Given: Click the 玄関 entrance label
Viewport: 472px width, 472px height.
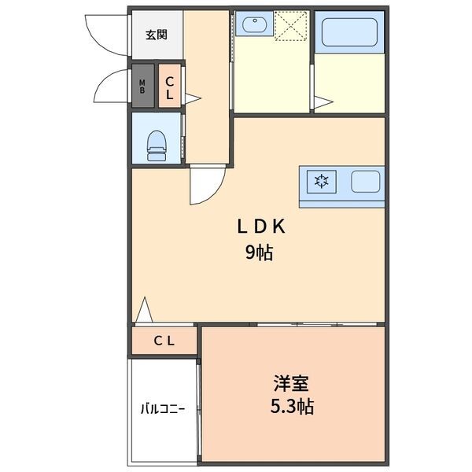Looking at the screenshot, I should [157, 35].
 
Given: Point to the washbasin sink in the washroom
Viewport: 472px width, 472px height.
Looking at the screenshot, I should [254, 26].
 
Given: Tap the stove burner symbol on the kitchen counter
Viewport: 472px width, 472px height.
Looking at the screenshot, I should [321, 183].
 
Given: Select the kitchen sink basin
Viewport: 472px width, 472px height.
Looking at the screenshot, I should [365, 183].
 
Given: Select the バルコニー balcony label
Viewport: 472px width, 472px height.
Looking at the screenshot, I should [163, 409].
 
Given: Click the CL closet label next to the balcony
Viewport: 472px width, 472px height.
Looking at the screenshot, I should [164, 341].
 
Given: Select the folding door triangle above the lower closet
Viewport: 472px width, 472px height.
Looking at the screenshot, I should [143, 311].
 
